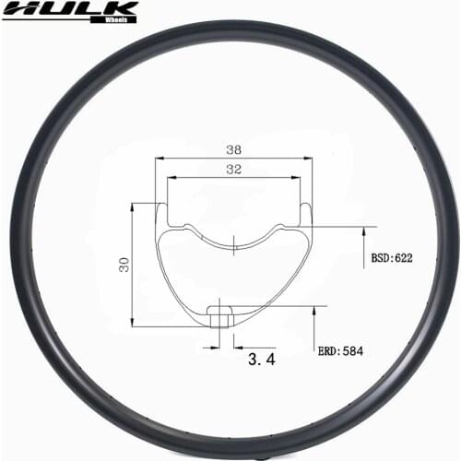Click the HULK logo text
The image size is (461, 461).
(x=69, y=10)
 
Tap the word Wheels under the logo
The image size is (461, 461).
(x=117, y=18)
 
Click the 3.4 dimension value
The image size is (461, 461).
(x=262, y=360)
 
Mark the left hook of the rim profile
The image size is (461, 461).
(x=161, y=210)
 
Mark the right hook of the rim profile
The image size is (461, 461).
(x=308, y=210)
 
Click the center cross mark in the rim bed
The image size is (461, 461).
(x=235, y=244)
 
